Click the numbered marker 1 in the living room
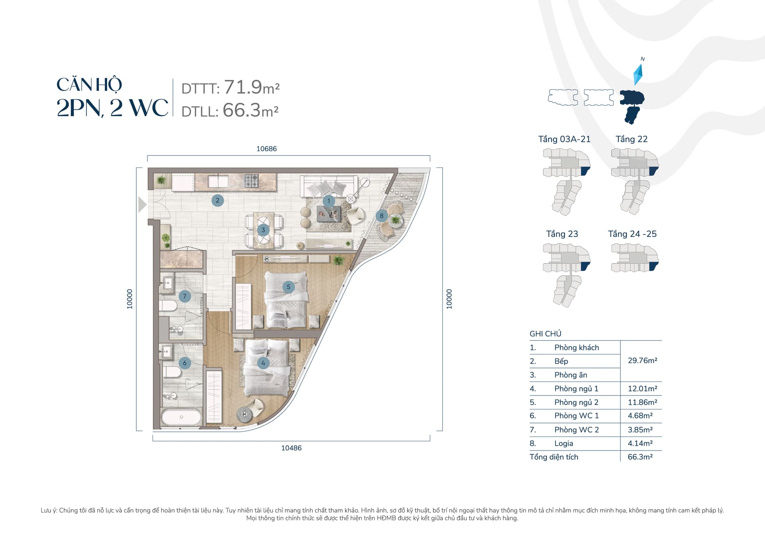(329, 201)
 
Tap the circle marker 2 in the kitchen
(218, 201)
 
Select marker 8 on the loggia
(382, 216)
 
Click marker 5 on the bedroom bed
(288, 287)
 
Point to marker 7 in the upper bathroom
(184, 296)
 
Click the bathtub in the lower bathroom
(181, 417)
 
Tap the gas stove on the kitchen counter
(252, 181)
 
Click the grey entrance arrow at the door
(142, 205)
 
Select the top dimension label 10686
(267, 149)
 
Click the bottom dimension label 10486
(291, 448)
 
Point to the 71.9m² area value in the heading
(251, 87)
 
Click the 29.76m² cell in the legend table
(642, 360)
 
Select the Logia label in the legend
(563, 443)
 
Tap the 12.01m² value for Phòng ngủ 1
(642, 388)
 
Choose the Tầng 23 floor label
(562, 234)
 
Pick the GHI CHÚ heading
(545, 334)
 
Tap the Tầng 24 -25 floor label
(632, 234)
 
